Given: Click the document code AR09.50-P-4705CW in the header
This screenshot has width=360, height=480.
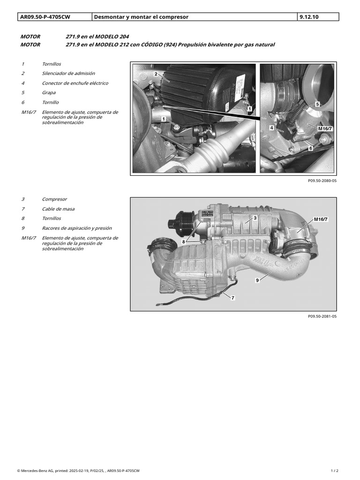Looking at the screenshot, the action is click(45, 17).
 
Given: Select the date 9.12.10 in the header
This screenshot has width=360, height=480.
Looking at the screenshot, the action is click(309, 17).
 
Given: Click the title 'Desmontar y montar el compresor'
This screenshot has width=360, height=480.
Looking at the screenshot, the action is click(141, 17).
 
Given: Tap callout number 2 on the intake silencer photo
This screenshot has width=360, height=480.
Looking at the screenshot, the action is click(156, 74).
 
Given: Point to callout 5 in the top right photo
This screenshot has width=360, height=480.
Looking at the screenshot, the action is click(317, 105).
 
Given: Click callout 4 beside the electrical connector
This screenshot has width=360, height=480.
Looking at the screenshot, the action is click(271, 128).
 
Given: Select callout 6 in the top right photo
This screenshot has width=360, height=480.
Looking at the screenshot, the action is click(311, 149).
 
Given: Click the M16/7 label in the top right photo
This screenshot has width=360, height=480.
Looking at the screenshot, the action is click(325, 129).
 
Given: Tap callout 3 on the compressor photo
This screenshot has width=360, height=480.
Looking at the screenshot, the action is click(255, 218).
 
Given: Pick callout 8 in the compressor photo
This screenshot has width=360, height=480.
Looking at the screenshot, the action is click(184, 242).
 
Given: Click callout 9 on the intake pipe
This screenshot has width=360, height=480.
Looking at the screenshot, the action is click(257, 280).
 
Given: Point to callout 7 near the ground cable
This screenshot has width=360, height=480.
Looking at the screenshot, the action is click(232, 298).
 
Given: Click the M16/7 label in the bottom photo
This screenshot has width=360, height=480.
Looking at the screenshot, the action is click(321, 219).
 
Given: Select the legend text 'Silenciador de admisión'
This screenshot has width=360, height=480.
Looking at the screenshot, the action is click(68, 74).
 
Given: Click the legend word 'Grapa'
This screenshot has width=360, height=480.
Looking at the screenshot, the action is click(49, 93).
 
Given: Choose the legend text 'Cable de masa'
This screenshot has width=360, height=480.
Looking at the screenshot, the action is click(58, 209).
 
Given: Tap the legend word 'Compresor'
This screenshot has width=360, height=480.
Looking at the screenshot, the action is click(54, 199).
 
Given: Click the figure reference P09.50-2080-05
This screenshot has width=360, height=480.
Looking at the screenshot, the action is click(322, 180).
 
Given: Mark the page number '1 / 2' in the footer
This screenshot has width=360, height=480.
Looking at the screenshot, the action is click(335, 471).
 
